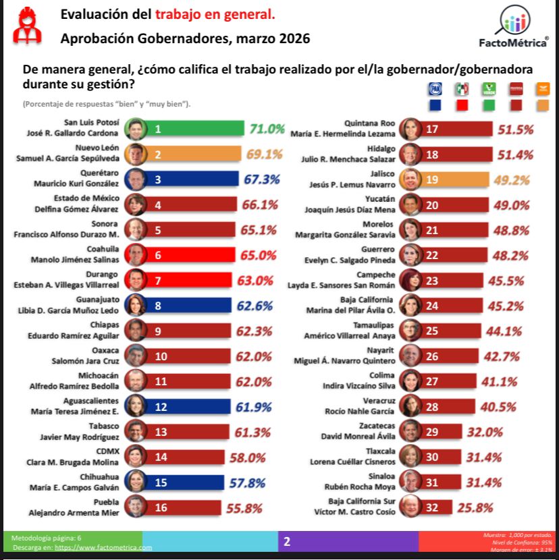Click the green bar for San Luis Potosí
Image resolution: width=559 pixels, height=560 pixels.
[x=196, y=129]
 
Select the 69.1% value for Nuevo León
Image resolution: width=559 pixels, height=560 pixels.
[x=264, y=155]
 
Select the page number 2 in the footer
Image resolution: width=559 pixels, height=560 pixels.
[x=287, y=541]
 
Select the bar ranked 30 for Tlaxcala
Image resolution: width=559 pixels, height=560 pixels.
[x=442, y=456]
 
